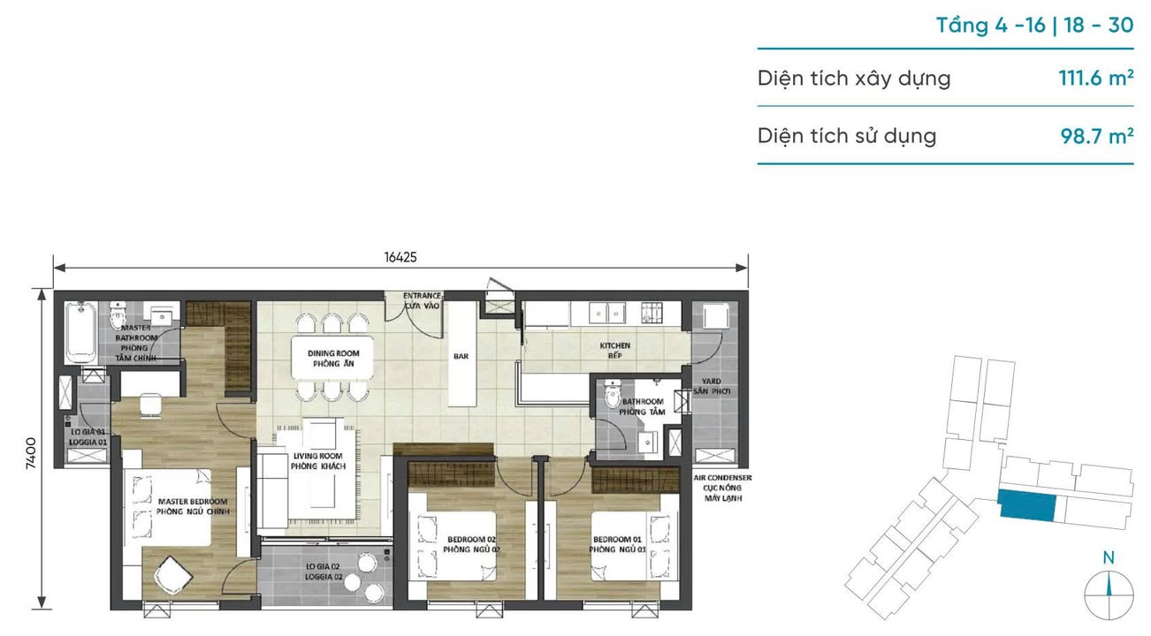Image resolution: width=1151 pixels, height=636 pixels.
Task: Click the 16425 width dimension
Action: pyautogui.click(x=400, y=257)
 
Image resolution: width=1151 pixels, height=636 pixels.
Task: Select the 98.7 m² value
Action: pyautogui.click(x=1097, y=136)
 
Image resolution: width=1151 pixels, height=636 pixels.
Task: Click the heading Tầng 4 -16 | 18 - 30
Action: pyautogui.click(x=1034, y=25)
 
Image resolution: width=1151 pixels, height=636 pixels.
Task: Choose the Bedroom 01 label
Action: pyautogui.click(x=616, y=543)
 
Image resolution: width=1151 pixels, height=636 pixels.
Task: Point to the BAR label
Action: pyautogui.click(x=460, y=357)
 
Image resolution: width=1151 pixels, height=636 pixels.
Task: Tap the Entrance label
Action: pyautogui.click(x=422, y=300)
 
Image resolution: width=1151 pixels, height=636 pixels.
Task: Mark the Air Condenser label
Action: pyautogui.click(x=722, y=488)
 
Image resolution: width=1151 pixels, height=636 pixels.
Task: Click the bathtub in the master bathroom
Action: pyautogui.click(x=79, y=334)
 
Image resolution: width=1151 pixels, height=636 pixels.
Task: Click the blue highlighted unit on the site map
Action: pyautogui.click(x=1026, y=504)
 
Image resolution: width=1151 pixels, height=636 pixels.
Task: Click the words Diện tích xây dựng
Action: pyautogui.click(x=854, y=78)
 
